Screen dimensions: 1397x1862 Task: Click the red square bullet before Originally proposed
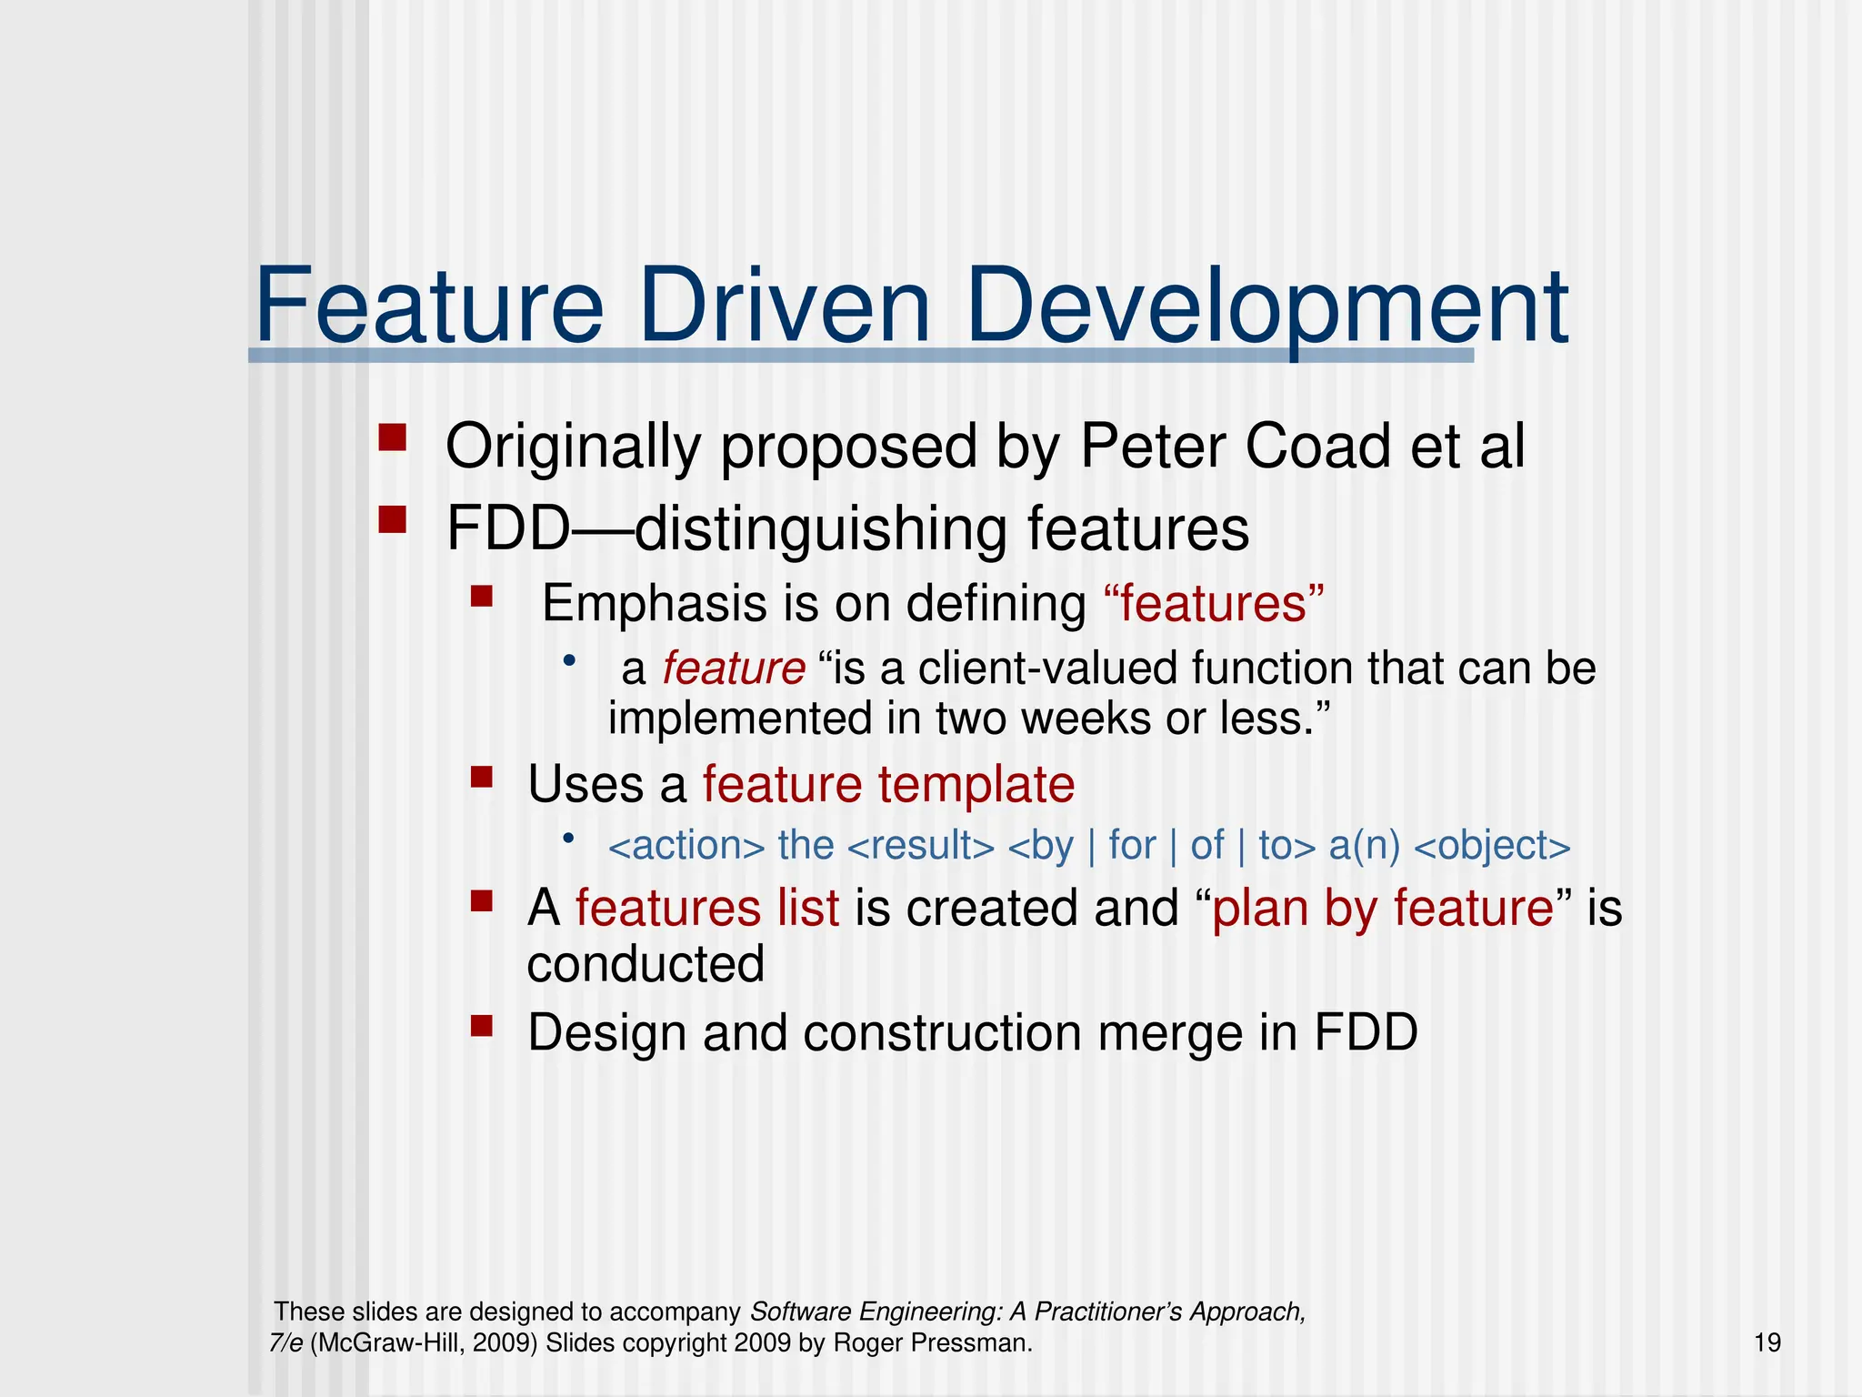[x=392, y=438]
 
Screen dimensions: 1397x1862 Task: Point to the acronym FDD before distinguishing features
[x=507, y=529]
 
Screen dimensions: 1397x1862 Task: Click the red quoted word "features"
[x=1213, y=604]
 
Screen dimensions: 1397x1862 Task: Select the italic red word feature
[x=733, y=668]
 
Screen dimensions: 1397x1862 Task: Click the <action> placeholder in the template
[x=686, y=846]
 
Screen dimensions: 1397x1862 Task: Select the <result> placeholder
[x=920, y=846]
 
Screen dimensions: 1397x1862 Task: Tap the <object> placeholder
[x=1492, y=846]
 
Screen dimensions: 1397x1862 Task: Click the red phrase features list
[x=706, y=909]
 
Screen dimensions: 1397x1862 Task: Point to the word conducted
[x=646, y=964]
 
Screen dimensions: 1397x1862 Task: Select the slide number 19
[x=1767, y=1342]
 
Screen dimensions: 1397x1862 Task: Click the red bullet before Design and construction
[x=481, y=1026]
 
